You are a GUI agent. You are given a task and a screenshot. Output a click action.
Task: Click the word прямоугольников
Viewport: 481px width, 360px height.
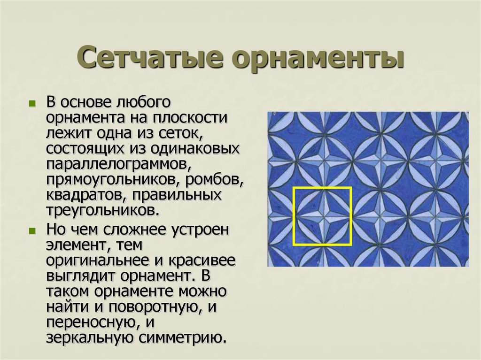point(112,180)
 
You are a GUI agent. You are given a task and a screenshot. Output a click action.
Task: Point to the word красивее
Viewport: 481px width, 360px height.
point(202,261)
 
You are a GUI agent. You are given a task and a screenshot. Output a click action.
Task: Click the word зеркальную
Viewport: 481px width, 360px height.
point(90,338)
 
